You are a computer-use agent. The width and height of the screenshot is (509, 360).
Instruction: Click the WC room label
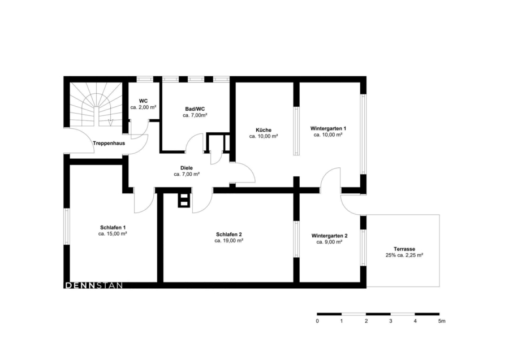point(143,101)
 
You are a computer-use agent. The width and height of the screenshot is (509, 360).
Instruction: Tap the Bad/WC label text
point(195,109)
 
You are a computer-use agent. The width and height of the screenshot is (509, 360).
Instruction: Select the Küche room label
point(263,130)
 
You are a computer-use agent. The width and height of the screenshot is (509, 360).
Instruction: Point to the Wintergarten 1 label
point(328,128)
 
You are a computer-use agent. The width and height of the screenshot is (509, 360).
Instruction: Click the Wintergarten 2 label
point(330,236)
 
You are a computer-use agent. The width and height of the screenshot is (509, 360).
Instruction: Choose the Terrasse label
point(404,249)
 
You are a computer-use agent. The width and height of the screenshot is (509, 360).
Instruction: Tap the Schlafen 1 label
point(113,227)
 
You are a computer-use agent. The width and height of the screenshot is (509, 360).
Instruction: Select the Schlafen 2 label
point(229,235)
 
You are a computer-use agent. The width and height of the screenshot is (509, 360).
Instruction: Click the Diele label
point(186,168)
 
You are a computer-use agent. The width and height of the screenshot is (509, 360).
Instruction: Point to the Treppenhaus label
point(109,143)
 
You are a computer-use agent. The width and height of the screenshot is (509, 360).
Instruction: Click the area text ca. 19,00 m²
point(229,241)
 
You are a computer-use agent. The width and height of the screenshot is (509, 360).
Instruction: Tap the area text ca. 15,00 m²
point(113,233)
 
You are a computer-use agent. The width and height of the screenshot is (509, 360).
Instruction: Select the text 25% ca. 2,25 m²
point(404,255)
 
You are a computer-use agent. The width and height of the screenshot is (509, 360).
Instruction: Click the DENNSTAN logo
point(94,286)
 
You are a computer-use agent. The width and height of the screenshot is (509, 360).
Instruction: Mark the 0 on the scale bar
point(317,321)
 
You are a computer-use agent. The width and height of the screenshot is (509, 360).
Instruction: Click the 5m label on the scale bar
point(442,321)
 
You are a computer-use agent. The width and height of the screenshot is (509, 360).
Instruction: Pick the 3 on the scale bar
point(390,321)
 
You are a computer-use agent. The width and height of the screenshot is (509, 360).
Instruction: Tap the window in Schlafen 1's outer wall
point(67,226)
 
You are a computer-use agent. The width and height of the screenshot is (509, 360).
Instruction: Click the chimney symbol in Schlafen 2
point(183,200)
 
